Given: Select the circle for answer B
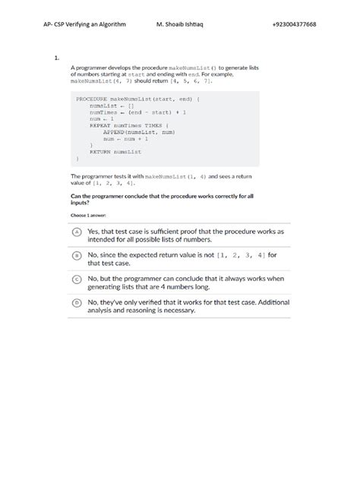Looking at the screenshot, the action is pyautogui.click(x=77, y=257).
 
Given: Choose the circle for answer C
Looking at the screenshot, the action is pyautogui.click(x=77, y=279).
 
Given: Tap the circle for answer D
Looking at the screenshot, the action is pyautogui.click(x=77, y=302).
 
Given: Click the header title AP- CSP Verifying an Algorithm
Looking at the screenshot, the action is pyautogui.click(x=84, y=24).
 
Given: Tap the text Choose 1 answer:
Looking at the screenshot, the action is pyautogui.click(x=87, y=215).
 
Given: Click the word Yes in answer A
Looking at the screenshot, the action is pyautogui.click(x=95, y=231).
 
